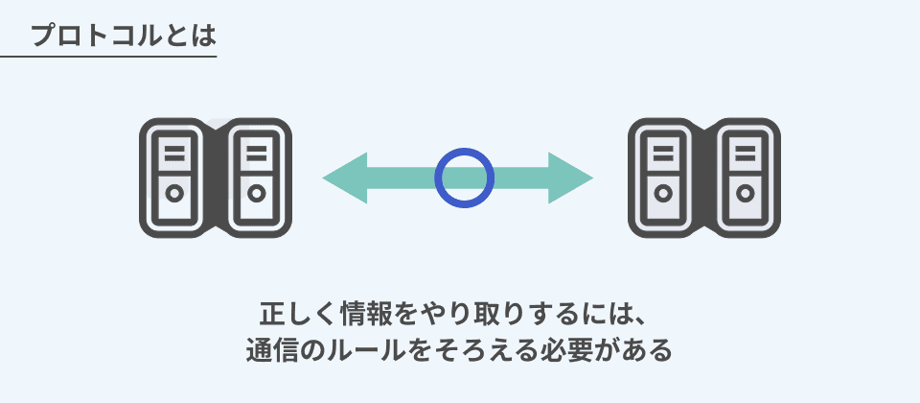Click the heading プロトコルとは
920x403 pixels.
point(123,36)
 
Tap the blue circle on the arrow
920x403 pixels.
point(465,178)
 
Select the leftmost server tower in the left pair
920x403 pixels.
point(174,178)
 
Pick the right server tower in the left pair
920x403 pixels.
point(256,178)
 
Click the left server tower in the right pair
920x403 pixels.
point(662,178)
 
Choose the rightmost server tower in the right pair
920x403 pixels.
point(745,178)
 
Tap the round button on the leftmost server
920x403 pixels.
point(174,193)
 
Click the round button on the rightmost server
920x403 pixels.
point(745,193)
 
